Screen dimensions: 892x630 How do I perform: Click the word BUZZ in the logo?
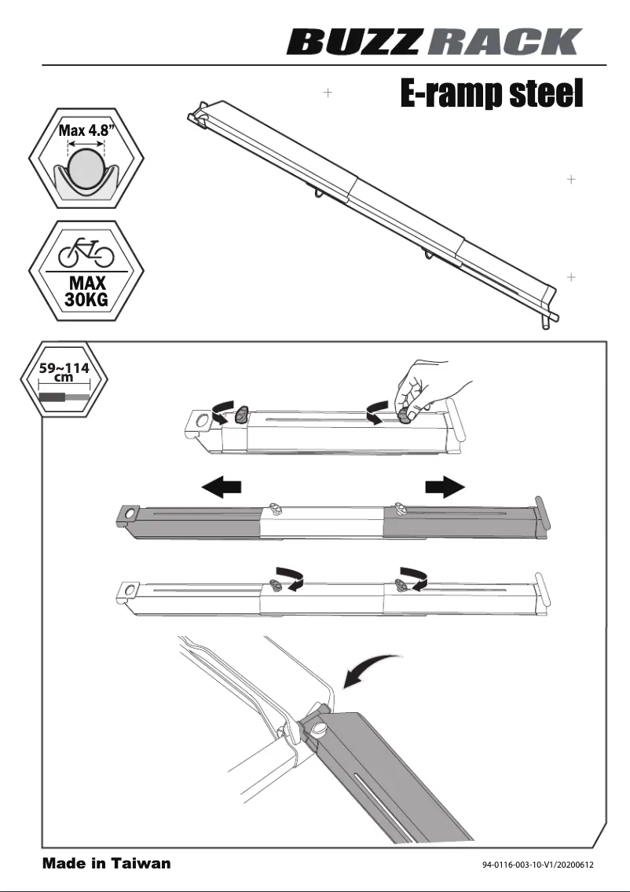(353, 42)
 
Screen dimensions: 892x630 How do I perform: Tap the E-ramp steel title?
(491, 93)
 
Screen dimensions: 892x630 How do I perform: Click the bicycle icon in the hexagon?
(86, 253)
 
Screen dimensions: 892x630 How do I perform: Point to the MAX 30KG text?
(86, 291)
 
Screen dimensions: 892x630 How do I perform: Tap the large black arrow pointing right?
(445, 487)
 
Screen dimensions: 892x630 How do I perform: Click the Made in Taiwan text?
(106, 864)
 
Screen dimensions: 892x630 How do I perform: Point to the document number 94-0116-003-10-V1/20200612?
(537, 865)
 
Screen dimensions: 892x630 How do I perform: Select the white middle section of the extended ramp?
(322, 522)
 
